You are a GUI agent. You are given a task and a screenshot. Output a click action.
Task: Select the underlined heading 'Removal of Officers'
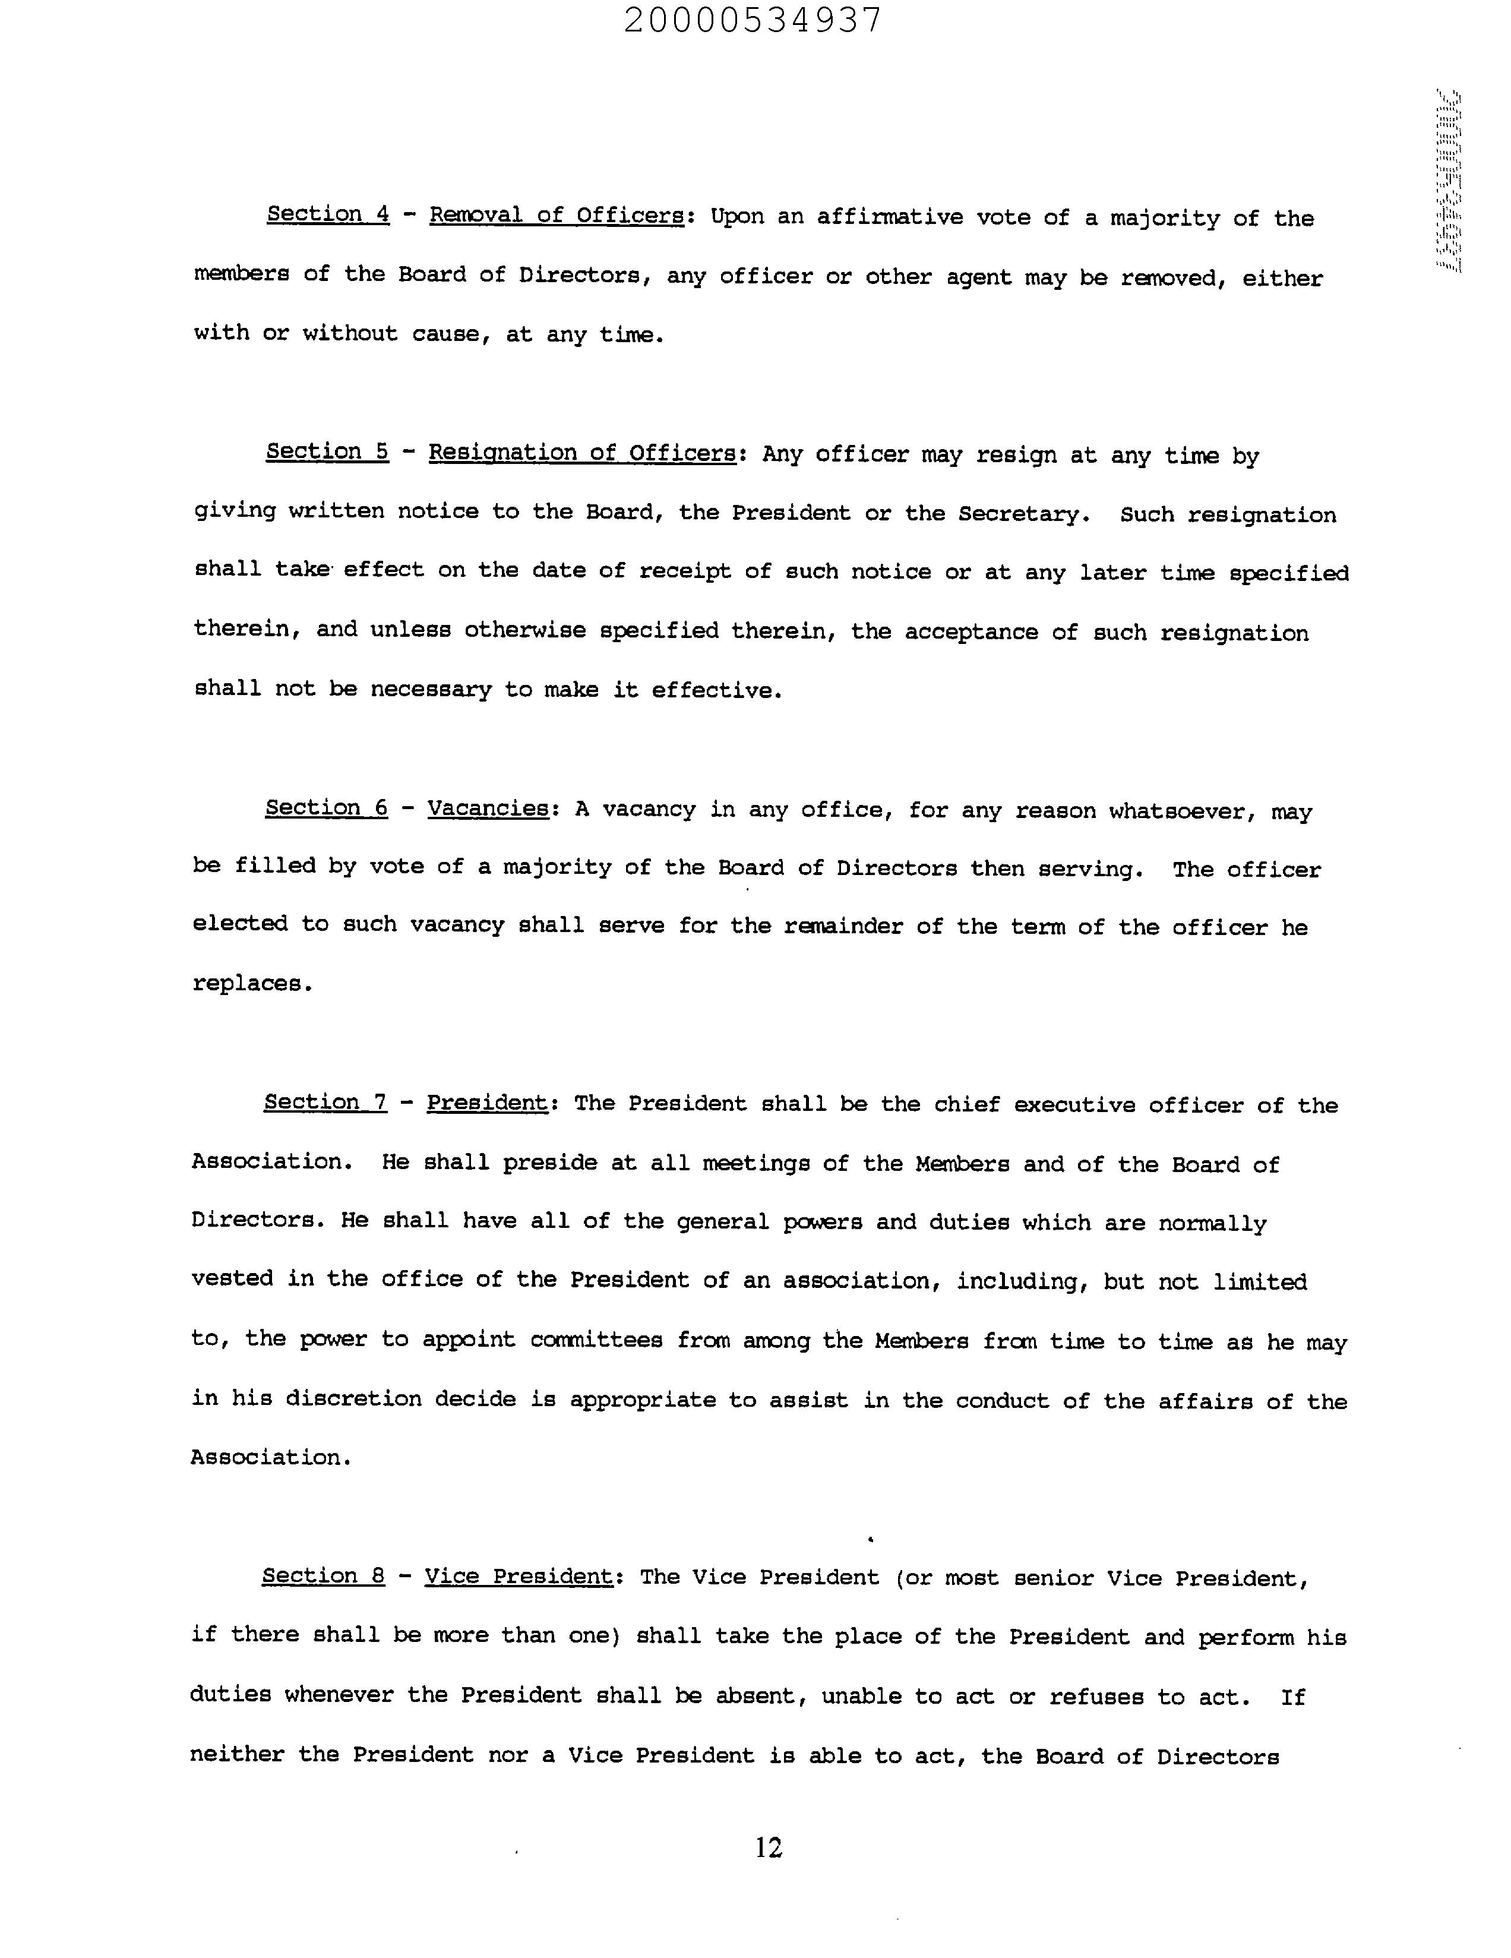point(557,216)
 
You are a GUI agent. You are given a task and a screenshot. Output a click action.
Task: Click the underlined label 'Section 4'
point(328,214)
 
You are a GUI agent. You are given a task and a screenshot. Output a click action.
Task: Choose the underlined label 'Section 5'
point(327,452)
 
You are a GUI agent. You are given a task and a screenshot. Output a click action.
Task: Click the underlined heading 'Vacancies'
point(488,809)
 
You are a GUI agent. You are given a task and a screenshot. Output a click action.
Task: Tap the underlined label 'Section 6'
point(326,809)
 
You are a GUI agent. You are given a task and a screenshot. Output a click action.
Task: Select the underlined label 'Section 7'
point(325,1103)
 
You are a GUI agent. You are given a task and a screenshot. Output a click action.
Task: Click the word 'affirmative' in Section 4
point(889,218)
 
